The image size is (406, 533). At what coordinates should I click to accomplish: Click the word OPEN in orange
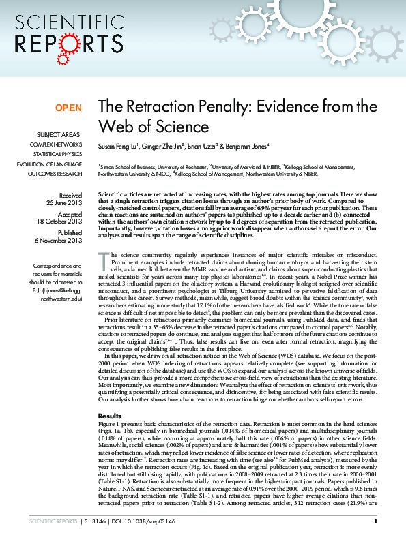pos(68,108)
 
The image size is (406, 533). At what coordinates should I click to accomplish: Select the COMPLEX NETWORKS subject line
pos(55,144)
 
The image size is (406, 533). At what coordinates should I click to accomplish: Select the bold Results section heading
pos(110,415)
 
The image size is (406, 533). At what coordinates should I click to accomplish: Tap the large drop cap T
pos(104,258)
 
